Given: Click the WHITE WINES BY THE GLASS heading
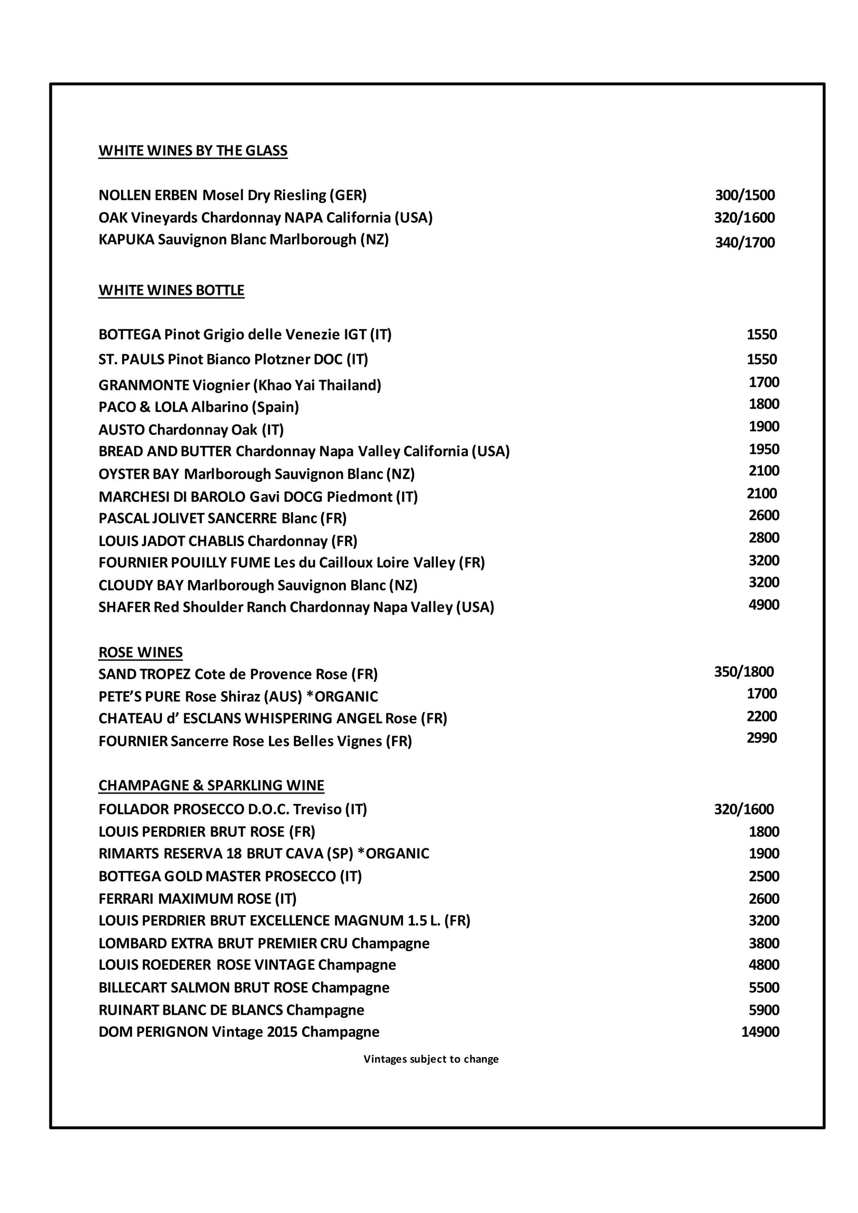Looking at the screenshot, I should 193,150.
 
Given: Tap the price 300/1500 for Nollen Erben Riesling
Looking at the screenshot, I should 744,195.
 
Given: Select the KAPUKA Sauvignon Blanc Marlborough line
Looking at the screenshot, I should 244,239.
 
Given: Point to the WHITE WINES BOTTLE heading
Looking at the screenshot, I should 171,290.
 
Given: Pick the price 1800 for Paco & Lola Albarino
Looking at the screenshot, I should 763,404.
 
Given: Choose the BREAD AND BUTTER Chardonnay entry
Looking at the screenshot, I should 304,451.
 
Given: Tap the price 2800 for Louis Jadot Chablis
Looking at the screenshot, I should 763,538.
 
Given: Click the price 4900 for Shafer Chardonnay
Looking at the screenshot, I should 763,604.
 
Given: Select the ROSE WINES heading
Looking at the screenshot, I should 141,653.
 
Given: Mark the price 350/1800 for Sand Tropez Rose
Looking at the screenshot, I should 743,672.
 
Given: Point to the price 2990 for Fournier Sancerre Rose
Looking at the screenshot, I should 761,738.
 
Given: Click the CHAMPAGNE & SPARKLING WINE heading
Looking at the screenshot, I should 211,786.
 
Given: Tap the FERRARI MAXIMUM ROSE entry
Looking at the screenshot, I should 198,899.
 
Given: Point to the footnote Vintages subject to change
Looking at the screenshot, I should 430,1059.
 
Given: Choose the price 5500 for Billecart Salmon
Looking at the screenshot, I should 763,987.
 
